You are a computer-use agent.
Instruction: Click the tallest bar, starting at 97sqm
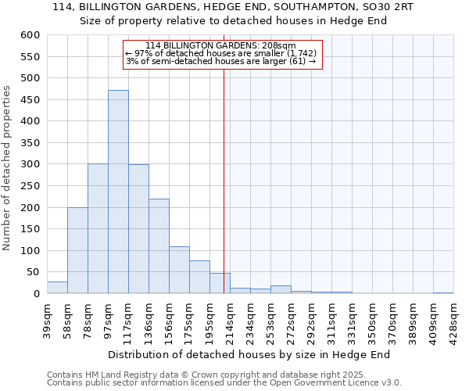point(118,192)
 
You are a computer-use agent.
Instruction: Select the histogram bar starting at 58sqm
point(77,250)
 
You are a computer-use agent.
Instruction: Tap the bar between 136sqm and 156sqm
point(159,246)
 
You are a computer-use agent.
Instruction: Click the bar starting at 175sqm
point(199,278)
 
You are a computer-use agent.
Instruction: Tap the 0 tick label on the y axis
point(36,294)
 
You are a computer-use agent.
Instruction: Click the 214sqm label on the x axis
point(230,319)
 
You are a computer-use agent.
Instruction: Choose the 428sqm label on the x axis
point(453,319)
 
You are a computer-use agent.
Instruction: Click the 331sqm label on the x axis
point(352,319)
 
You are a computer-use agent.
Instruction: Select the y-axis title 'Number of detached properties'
point(8,168)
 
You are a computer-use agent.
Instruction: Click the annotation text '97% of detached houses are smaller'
point(220,53)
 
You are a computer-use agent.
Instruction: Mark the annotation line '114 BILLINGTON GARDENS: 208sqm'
point(220,45)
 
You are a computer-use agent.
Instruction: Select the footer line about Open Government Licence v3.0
point(224,383)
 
